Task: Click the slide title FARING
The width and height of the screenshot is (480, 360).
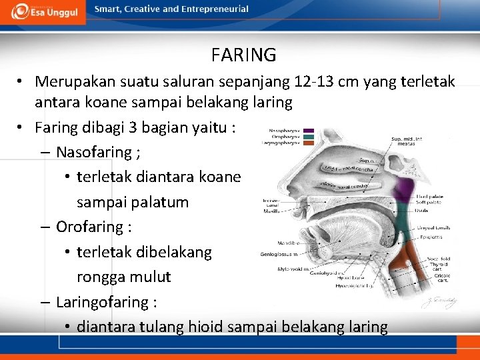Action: (x=243, y=54)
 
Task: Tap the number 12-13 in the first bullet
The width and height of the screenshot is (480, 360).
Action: (x=314, y=81)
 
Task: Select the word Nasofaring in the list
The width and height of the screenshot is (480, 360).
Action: (x=94, y=152)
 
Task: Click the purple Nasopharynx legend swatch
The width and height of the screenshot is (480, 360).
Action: (x=310, y=131)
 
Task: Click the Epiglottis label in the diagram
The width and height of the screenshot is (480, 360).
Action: (x=429, y=236)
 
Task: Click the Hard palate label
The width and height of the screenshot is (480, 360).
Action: (x=431, y=197)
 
